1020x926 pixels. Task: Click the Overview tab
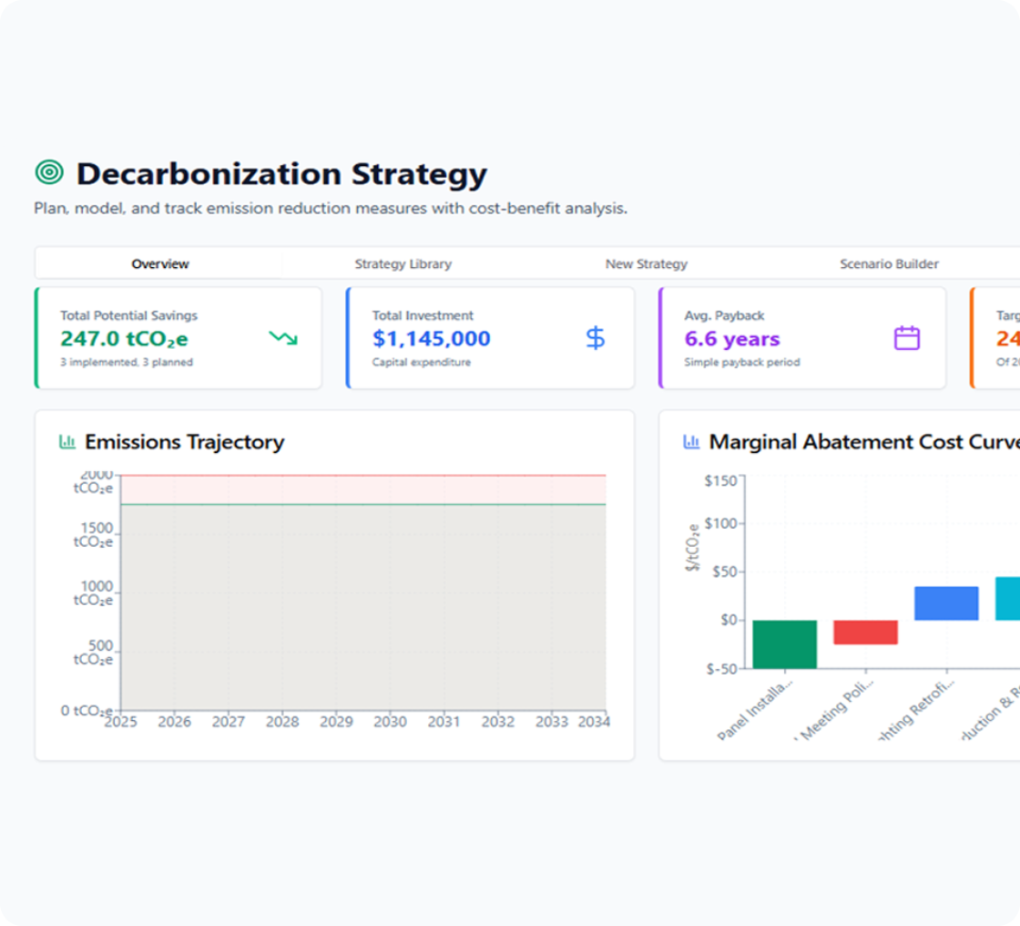(160, 264)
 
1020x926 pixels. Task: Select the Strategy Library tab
(403, 264)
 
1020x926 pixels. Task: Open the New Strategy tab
(646, 264)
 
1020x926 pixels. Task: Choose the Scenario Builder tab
(889, 264)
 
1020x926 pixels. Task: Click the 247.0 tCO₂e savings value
(124, 339)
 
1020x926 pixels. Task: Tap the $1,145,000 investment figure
(431, 339)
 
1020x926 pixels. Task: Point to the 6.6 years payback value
(732, 339)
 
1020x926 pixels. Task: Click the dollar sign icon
(595, 339)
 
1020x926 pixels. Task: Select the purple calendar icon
(906, 339)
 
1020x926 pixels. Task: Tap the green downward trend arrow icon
(283, 339)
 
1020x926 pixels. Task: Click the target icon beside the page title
(49, 172)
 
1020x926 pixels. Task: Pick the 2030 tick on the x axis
(390, 721)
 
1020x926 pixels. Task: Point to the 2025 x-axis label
(121, 721)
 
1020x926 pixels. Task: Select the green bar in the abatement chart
(784, 643)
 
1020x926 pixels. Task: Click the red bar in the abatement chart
(865, 632)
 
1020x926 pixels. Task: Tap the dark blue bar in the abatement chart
(946, 603)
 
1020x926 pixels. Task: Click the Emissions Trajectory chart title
(184, 442)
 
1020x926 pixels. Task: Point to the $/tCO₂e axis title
(694, 548)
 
